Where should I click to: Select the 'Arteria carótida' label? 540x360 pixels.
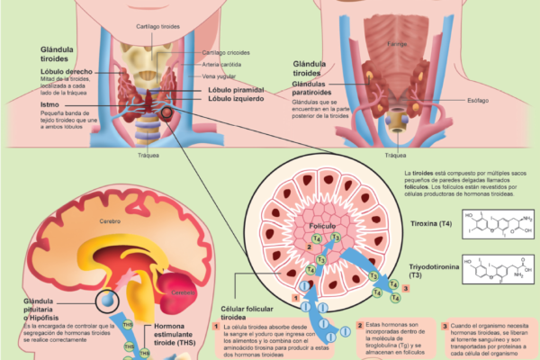tap(222, 65)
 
